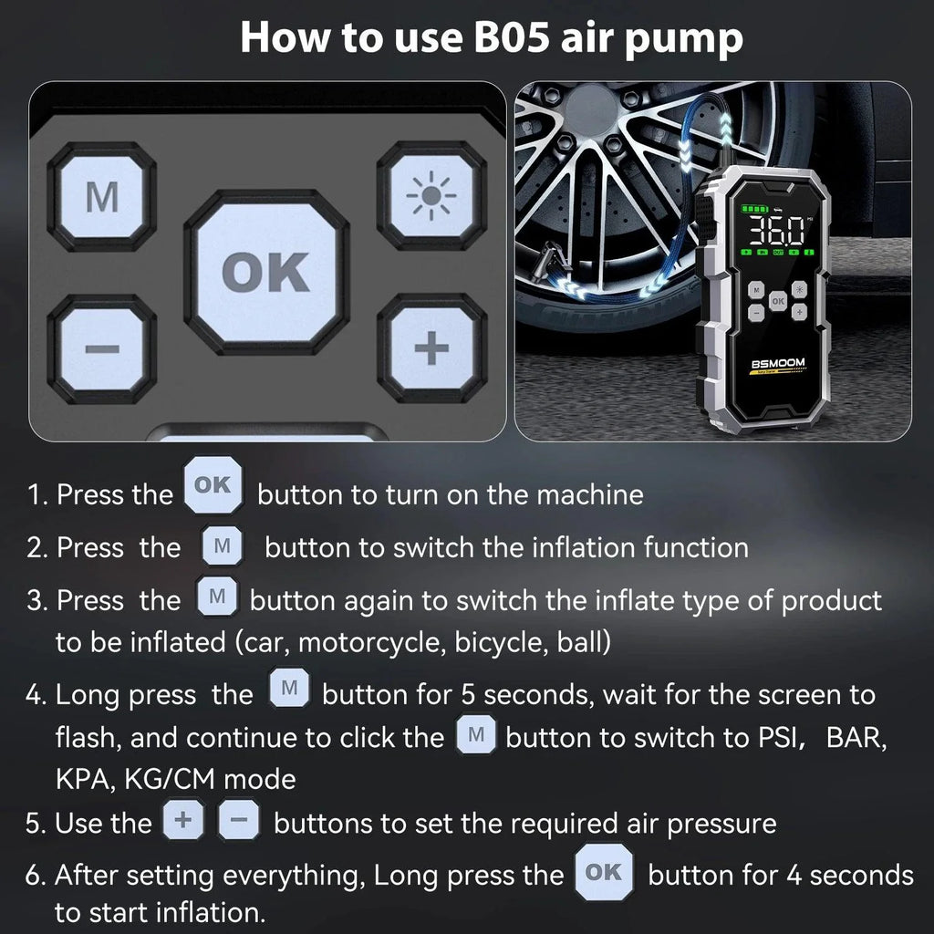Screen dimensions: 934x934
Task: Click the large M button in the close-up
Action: [x=101, y=197]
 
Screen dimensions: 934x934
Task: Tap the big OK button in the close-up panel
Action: [x=266, y=272]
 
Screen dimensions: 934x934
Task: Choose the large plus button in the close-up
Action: [x=431, y=348]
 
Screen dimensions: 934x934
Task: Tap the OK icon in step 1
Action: [x=214, y=486]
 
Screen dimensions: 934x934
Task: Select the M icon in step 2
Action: [x=222, y=547]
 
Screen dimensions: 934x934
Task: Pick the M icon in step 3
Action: [x=217, y=597]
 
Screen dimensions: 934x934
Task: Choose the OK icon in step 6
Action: [x=603, y=873]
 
